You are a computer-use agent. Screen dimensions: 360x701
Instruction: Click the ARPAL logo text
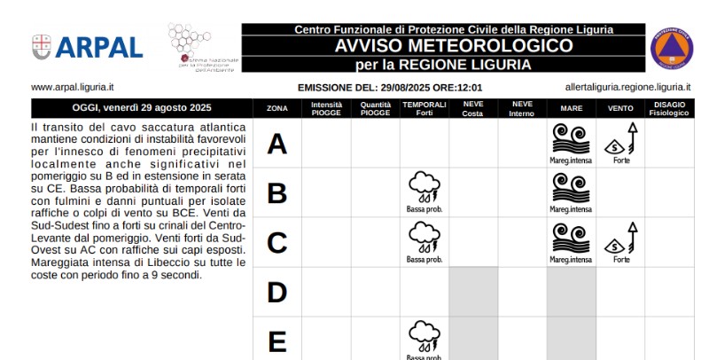click(98, 47)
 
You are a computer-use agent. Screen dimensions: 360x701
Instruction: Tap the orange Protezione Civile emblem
click(672, 48)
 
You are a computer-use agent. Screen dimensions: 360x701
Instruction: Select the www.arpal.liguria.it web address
click(73, 88)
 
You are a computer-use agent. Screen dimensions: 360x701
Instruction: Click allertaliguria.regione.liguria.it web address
click(627, 88)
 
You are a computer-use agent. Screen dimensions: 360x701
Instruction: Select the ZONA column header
click(277, 108)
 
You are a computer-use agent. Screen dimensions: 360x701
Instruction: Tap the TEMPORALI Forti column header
click(424, 108)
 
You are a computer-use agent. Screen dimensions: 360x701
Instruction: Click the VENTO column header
click(620, 108)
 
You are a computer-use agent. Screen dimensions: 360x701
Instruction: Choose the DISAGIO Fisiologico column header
click(668, 108)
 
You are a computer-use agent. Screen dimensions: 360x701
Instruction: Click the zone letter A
click(277, 144)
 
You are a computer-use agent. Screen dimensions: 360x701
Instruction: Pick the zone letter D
click(277, 292)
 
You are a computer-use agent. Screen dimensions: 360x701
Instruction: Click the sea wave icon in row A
click(571, 138)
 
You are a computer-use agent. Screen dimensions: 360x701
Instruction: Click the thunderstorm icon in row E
click(424, 336)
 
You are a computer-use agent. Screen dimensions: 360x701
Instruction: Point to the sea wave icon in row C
click(571, 238)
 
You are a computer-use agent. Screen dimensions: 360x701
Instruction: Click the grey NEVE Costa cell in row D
click(473, 292)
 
